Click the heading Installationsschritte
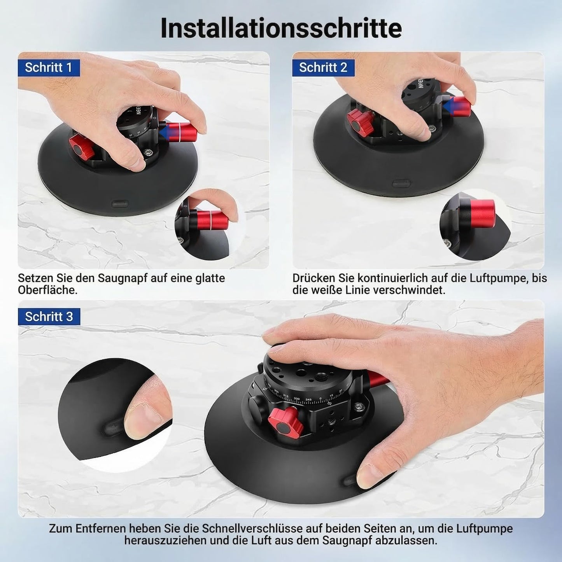[281, 28]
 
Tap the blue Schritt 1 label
[49, 68]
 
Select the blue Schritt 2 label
[324, 68]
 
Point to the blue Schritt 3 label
[49, 317]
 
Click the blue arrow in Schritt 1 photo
[166, 131]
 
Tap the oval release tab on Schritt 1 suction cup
[120, 203]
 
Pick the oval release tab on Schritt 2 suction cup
[402, 184]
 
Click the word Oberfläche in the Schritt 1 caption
[47, 290]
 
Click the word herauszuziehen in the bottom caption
[165, 541]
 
